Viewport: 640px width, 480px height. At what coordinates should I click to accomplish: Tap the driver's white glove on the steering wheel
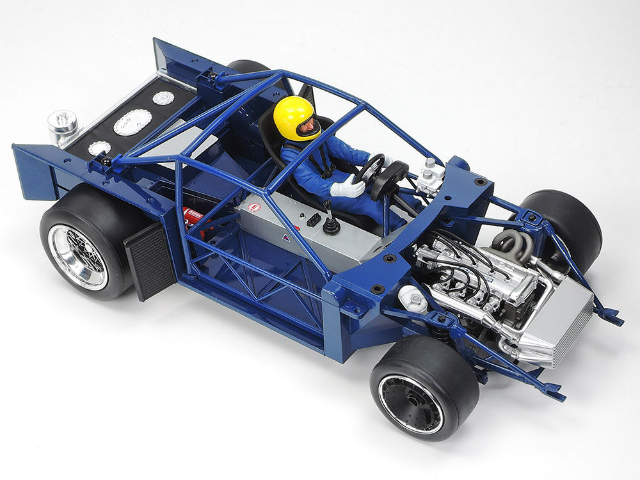point(348,188)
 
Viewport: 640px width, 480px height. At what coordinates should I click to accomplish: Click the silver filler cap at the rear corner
point(62,125)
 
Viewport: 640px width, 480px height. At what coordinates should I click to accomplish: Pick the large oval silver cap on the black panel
point(132,122)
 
